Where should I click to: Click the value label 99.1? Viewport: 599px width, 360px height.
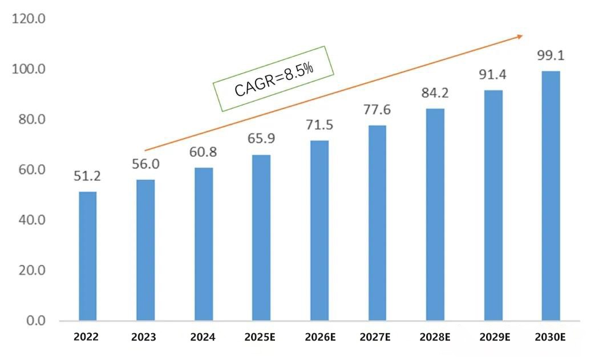pyautogui.click(x=551, y=56)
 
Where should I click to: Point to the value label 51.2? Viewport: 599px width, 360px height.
pyautogui.click(x=87, y=176)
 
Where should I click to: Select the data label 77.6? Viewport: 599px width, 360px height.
pyautogui.click(x=377, y=110)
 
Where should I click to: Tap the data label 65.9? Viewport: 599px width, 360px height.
pyautogui.click(x=261, y=139)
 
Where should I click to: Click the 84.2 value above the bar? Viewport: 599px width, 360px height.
pyautogui.click(x=435, y=93)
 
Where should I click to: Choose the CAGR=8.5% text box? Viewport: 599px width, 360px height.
pyautogui.click(x=273, y=78)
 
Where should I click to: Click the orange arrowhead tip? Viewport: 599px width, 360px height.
pyautogui.click(x=522, y=36)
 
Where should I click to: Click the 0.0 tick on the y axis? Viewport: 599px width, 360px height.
pyautogui.click(x=35, y=321)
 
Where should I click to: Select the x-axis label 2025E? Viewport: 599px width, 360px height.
pyautogui.click(x=260, y=337)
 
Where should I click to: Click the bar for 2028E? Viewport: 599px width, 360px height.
pyautogui.click(x=435, y=214)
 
